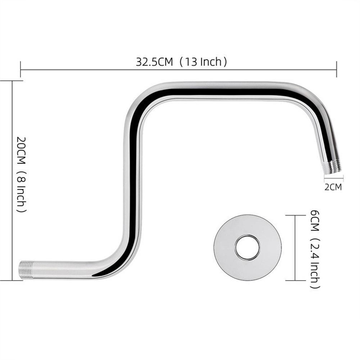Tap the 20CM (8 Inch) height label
click(21, 174)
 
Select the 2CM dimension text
click(333, 187)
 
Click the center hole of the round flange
click(247, 247)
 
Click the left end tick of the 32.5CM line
click(20, 69)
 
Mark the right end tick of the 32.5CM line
click(337, 69)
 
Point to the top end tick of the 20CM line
click(12, 81)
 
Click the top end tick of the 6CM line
click(295, 215)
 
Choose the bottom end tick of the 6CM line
click(295, 280)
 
